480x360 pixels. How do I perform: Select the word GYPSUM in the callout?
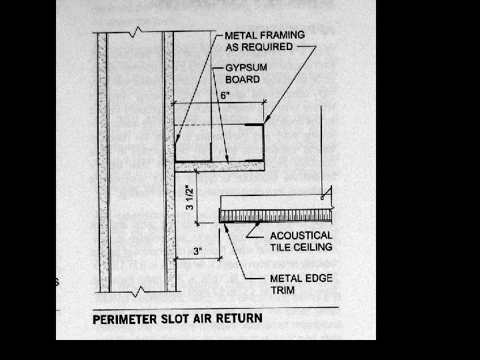pyautogui.click(x=244, y=67)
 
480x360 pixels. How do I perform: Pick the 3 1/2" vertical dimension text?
pyautogui.click(x=190, y=198)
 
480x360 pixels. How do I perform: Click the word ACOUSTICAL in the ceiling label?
pyautogui.click(x=301, y=235)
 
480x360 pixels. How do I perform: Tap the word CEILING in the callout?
pyautogui.click(x=313, y=247)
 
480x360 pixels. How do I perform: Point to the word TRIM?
pyautogui.click(x=283, y=290)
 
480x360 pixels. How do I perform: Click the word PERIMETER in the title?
pyautogui.click(x=125, y=318)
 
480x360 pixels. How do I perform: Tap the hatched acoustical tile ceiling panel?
pyautogui.click(x=277, y=215)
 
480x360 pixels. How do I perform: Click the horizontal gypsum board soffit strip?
pyautogui.click(x=220, y=163)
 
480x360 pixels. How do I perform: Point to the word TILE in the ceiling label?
pyautogui.click(x=281, y=247)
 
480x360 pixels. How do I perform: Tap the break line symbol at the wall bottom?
pyautogui.click(x=137, y=291)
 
